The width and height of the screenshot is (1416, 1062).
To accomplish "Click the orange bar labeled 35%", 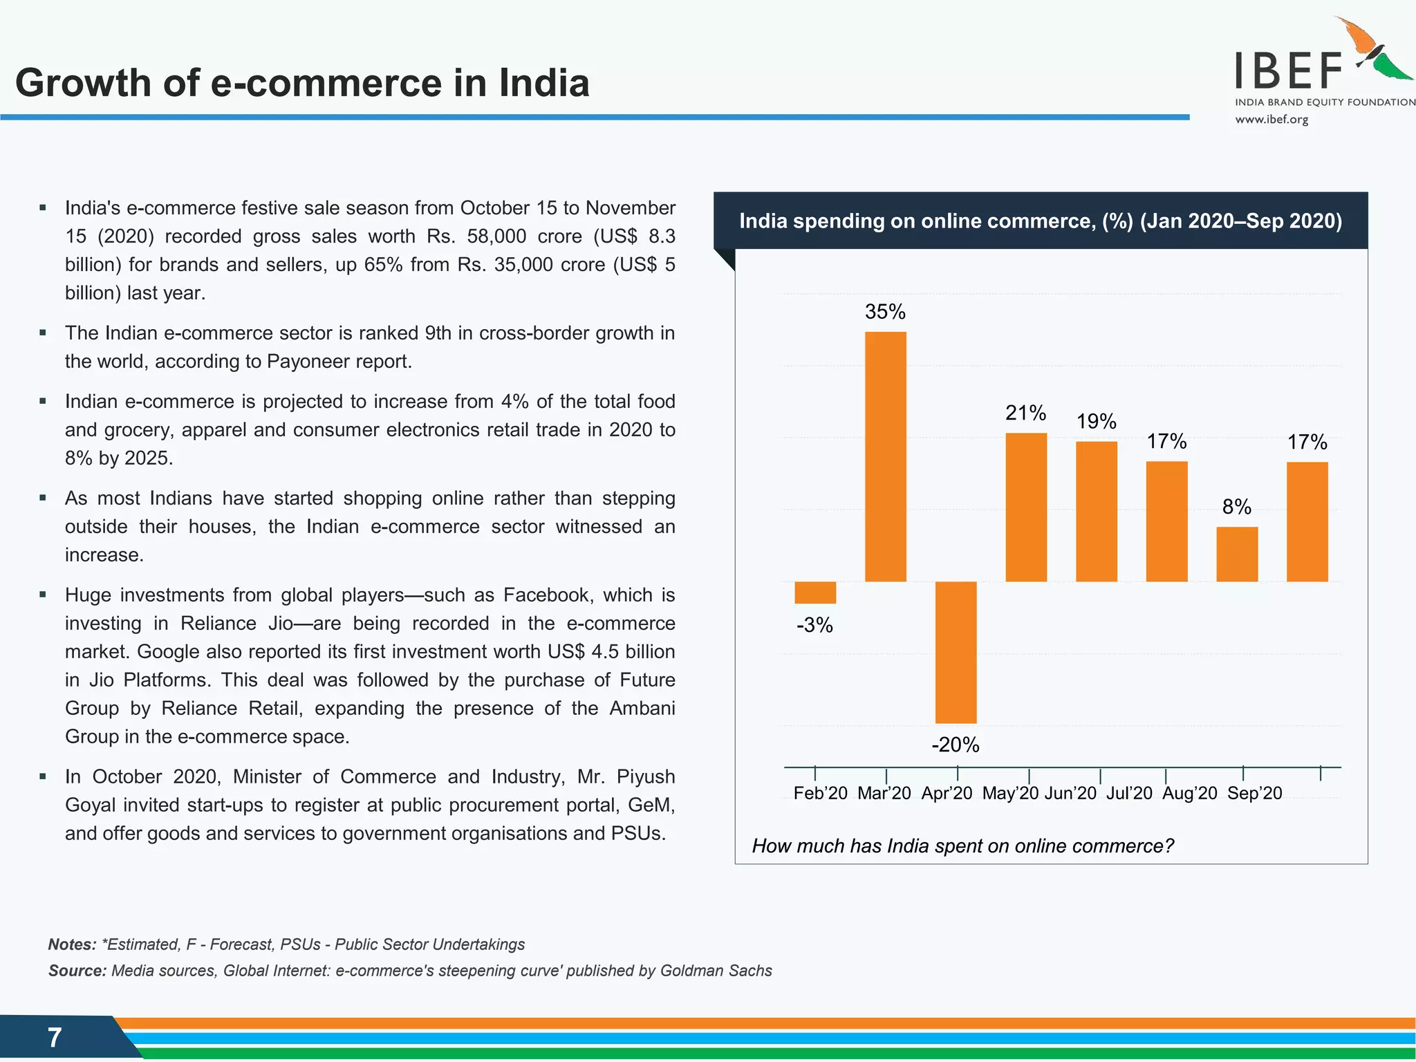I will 885,456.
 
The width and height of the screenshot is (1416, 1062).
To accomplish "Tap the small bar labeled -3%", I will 815,593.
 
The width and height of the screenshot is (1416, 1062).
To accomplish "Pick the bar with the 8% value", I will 1237,554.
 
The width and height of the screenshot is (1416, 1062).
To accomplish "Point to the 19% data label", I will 1097,421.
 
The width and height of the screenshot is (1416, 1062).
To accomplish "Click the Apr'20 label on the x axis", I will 947,793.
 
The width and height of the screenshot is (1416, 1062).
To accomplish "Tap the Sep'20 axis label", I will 1254,793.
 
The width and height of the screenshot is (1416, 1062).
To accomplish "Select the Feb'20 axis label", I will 820,793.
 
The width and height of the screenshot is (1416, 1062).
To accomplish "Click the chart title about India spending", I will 1041,221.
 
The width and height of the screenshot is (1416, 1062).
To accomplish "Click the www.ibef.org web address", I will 1271,120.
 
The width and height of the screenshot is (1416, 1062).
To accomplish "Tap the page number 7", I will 55,1037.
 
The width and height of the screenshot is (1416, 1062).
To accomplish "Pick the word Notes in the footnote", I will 72,944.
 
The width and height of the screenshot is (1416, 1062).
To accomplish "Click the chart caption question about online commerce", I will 962,846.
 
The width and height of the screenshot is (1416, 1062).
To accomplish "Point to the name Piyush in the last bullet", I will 646,776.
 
